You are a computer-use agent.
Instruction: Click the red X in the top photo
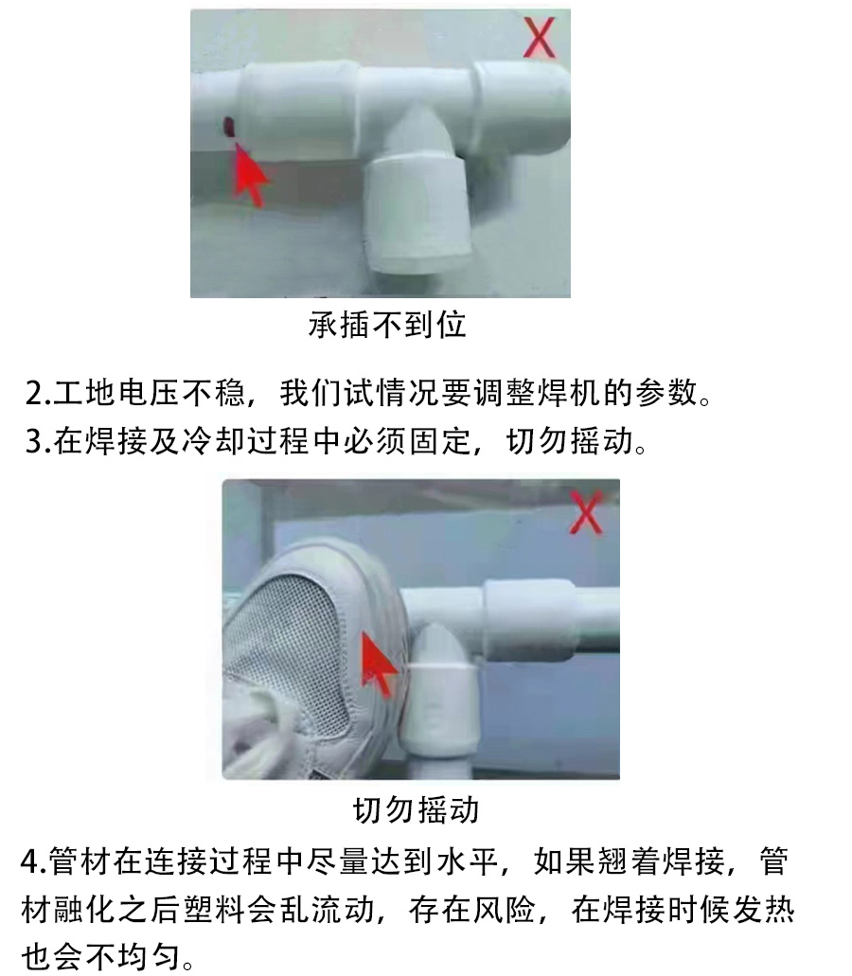click(539, 37)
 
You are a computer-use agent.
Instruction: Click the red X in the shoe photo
click(586, 511)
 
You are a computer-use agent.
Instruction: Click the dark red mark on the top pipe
click(228, 126)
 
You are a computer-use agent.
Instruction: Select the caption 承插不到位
click(387, 325)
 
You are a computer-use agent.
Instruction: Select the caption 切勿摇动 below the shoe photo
click(416, 809)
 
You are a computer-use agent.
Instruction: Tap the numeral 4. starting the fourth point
click(34, 861)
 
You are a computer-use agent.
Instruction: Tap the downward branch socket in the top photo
click(417, 213)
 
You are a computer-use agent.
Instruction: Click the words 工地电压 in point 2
click(117, 394)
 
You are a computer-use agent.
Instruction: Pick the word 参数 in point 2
click(667, 394)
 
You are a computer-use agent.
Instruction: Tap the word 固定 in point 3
click(440, 441)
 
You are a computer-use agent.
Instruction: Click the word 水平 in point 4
click(468, 861)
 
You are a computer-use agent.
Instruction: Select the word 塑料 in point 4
click(213, 910)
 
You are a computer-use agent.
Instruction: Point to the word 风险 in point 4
click(504, 910)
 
